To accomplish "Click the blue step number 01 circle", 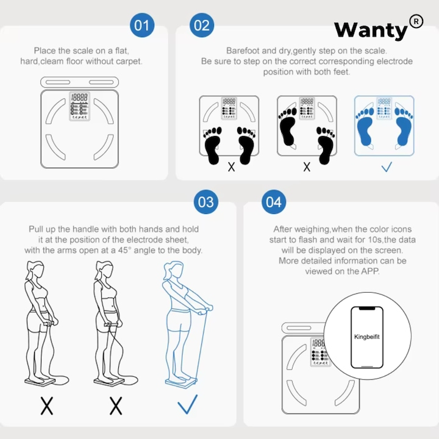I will tap(141, 26).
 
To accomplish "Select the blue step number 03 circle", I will tap(206, 202).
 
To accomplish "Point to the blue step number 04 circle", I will tap(274, 202).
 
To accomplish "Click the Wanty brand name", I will tap(370, 29).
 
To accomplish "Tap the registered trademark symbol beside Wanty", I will tap(416, 21).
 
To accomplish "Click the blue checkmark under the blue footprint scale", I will tap(386, 166).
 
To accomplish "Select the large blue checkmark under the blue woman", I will tap(187, 404).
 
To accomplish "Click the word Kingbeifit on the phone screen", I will tap(366, 336).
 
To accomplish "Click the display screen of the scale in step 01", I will tap(79, 98).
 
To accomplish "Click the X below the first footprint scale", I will tap(231, 166).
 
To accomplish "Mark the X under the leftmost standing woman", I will tap(46, 405).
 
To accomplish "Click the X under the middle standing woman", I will tap(115, 405).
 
